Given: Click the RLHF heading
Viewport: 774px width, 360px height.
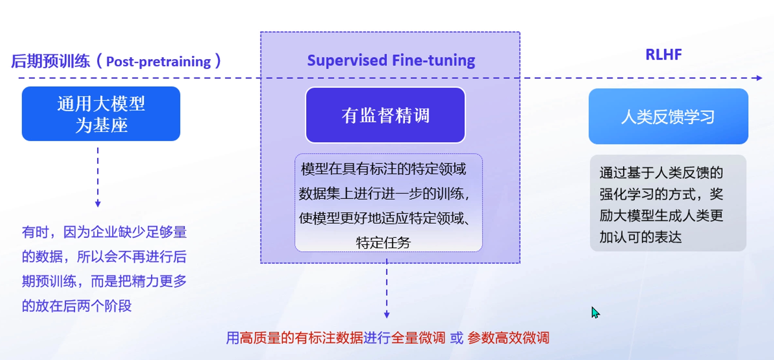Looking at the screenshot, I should pos(663,55).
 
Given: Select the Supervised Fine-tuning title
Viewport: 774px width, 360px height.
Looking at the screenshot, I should pos(391,60).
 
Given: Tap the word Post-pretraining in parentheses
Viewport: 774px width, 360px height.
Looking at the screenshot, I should pos(158,62).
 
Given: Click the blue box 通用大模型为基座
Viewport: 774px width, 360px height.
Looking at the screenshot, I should pos(101,114).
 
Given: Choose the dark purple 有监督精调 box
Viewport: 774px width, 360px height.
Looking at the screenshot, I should pos(385,115).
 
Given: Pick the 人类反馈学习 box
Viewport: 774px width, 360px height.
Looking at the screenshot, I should pos(668,116).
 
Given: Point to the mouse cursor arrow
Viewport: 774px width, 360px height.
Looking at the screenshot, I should pos(595,313).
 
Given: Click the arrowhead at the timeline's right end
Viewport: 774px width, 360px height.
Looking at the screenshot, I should pos(759,78).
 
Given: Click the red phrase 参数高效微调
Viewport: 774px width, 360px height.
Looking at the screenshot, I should pos(508,338).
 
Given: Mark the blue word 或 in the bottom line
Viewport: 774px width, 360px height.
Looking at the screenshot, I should pos(457,338).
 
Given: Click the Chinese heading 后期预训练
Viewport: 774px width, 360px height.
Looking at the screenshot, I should pos(50,62).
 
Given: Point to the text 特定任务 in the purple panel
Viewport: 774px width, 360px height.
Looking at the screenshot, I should pos(383,242).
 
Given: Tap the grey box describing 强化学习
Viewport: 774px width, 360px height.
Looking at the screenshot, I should pos(668,203).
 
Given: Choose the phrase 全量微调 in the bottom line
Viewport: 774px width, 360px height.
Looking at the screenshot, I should pos(418,338).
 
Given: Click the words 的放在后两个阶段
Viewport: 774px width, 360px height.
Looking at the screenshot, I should pos(77,306).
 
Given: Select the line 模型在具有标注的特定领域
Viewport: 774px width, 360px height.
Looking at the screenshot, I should pos(384,169).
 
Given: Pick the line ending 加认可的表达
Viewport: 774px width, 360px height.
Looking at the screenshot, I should pos(640,237).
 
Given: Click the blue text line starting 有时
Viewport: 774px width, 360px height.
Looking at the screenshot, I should pos(104,232).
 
